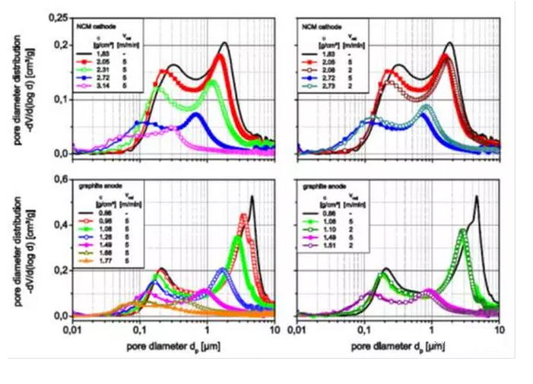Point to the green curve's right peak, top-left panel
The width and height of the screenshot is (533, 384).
click(x=213, y=81)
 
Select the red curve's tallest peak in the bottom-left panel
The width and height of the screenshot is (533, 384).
click(x=243, y=215)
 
